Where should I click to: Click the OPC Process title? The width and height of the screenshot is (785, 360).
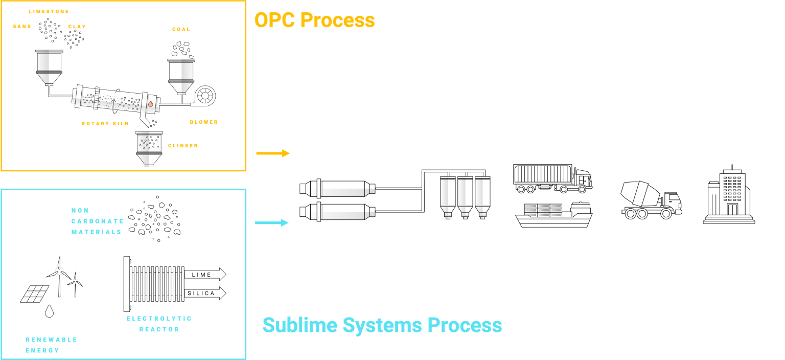(x=314, y=20)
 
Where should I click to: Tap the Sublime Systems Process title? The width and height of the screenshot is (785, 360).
(x=382, y=325)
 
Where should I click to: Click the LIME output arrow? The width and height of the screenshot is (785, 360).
(x=204, y=275)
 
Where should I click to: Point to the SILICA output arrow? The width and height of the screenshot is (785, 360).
(x=204, y=294)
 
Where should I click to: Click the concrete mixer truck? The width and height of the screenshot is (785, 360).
(x=651, y=199)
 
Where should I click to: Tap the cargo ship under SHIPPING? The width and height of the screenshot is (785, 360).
(x=554, y=215)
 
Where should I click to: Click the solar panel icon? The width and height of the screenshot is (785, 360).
(x=34, y=293)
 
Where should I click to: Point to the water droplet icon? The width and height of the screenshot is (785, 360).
(x=49, y=311)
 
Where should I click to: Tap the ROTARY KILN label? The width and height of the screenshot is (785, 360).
(x=105, y=123)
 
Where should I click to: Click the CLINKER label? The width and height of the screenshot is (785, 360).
(x=182, y=146)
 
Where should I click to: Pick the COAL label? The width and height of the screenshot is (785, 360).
(x=181, y=29)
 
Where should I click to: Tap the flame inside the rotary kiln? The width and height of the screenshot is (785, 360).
(x=150, y=104)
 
